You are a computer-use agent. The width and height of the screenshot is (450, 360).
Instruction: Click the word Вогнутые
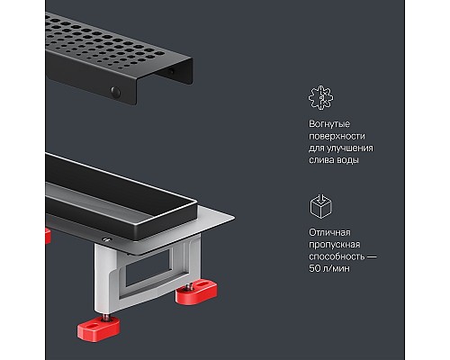329,124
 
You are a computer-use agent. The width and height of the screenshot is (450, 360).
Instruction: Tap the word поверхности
337,136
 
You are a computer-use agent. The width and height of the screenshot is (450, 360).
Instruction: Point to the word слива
321,160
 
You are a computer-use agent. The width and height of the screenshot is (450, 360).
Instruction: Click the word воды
348,160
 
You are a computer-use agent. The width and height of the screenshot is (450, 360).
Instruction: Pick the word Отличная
329,232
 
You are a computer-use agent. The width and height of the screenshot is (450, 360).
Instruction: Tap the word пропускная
334,245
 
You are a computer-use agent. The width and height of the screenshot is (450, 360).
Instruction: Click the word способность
337,256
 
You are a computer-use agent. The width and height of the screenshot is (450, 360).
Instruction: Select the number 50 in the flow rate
315,268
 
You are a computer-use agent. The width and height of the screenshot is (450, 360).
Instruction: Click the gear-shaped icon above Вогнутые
320,97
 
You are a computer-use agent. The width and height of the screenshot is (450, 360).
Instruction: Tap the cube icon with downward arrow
320,206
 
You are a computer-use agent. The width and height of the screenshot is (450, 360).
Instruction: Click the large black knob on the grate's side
115,92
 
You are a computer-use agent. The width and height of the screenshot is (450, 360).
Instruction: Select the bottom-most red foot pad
99,328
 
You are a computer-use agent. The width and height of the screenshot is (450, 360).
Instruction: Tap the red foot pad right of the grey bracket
196,292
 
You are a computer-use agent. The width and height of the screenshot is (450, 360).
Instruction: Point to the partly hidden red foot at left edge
48,236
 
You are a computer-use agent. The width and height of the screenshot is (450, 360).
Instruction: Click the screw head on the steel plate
107,239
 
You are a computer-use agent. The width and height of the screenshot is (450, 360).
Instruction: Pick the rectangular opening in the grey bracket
148,270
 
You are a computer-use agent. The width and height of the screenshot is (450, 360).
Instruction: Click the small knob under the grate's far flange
171,71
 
